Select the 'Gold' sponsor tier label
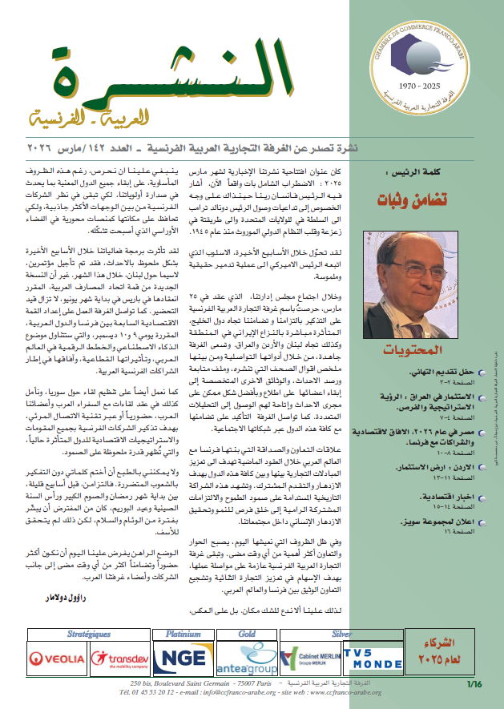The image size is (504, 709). (245, 633)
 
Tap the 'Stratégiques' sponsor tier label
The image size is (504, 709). (89, 633)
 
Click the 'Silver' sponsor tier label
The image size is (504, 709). (341, 633)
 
